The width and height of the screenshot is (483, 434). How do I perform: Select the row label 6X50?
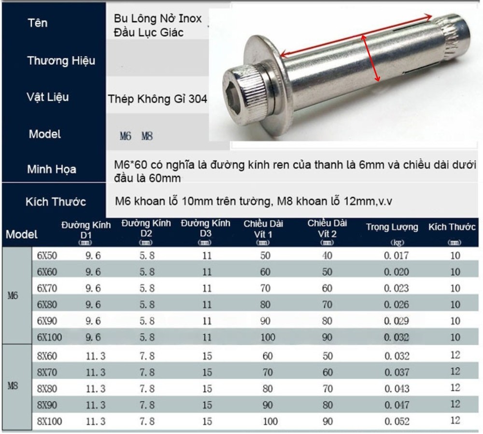47,256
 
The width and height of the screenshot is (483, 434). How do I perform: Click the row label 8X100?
49,421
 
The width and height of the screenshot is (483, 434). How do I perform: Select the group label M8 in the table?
13,387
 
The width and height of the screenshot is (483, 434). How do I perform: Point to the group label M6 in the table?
13,296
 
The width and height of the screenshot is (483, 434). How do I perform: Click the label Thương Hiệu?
61,61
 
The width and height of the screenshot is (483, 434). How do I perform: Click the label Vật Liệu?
47,97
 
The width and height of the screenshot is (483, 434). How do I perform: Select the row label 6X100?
49,337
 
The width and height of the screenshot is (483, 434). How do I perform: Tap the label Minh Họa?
51,170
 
